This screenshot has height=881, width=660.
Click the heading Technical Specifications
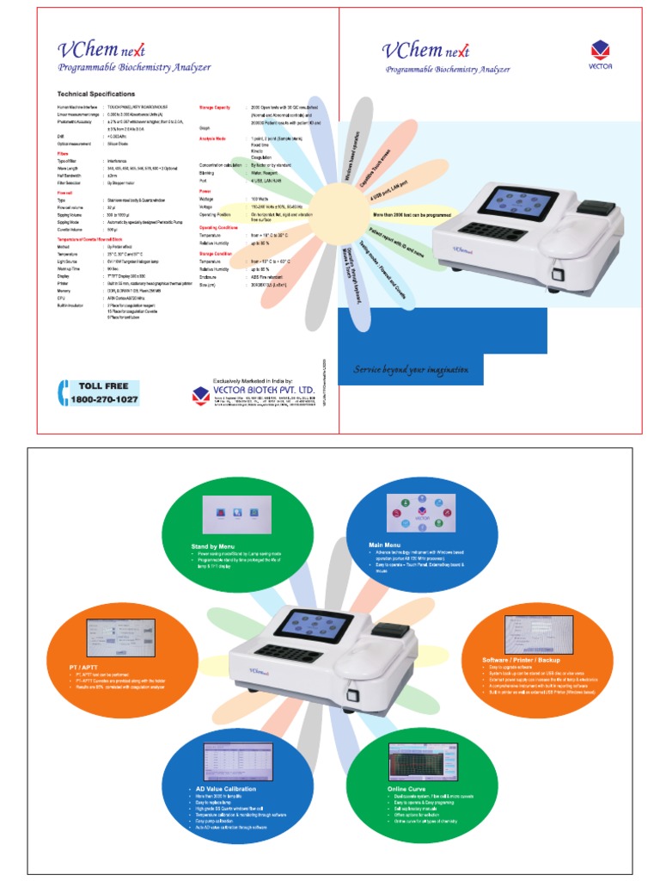point(95,94)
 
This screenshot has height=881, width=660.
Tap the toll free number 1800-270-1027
point(104,400)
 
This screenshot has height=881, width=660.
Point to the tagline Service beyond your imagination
point(412,370)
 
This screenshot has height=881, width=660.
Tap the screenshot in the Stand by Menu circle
point(236,514)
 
